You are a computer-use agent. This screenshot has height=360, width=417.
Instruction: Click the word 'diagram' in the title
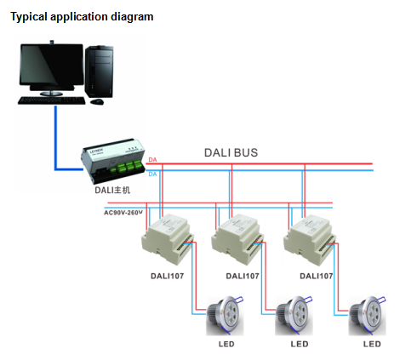pos(132,17)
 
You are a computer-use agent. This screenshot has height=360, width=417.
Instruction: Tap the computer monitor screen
pos(52,65)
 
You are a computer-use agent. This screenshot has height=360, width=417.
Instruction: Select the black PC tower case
pos(100,71)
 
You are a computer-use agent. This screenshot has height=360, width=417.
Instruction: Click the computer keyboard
pos(52,100)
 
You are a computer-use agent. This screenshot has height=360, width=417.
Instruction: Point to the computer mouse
pos(97,101)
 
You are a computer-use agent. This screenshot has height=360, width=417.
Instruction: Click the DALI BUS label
pos(231,152)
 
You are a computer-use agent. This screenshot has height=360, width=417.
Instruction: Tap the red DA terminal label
pos(152,160)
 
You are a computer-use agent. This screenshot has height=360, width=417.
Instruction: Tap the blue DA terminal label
pos(152,174)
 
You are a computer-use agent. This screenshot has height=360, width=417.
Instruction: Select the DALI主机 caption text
pos(112,190)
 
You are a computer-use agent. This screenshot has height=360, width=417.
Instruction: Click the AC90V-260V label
pos(123,213)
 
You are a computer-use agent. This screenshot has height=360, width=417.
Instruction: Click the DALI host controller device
pos(113,161)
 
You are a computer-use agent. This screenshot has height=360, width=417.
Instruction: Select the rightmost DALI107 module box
pos(310,240)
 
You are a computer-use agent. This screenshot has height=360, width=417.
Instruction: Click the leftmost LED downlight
pos(225,316)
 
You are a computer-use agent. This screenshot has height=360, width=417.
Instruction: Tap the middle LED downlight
pos(294,316)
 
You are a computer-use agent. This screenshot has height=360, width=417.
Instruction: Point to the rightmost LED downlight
pos(368,316)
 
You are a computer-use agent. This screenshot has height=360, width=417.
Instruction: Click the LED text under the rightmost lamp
pos(372,344)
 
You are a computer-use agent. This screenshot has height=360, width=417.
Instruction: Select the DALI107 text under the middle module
pos(243,276)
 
